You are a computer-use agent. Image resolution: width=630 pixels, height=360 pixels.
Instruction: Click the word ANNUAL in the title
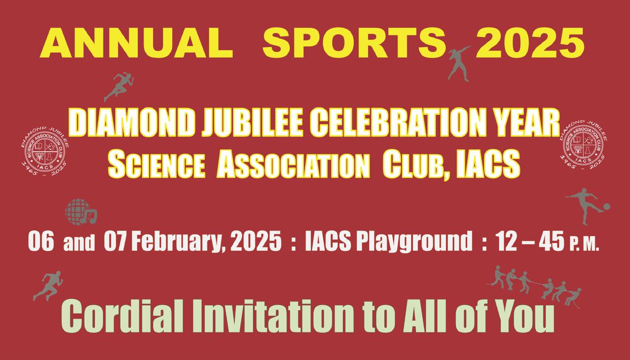coord(136,43)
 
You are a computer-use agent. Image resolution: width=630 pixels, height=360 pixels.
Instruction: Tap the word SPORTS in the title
coord(354,43)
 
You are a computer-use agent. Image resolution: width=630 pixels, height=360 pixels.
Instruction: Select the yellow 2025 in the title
coord(530,43)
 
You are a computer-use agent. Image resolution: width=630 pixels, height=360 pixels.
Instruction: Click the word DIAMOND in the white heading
coord(133,123)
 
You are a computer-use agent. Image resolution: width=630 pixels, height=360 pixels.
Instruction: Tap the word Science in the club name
coord(157,164)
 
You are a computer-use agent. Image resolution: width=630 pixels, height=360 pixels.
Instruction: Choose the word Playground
coord(414,242)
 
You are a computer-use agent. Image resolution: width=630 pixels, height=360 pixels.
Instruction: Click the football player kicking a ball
coord(588,206)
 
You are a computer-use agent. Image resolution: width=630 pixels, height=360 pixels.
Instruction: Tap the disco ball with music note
coord(81,212)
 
